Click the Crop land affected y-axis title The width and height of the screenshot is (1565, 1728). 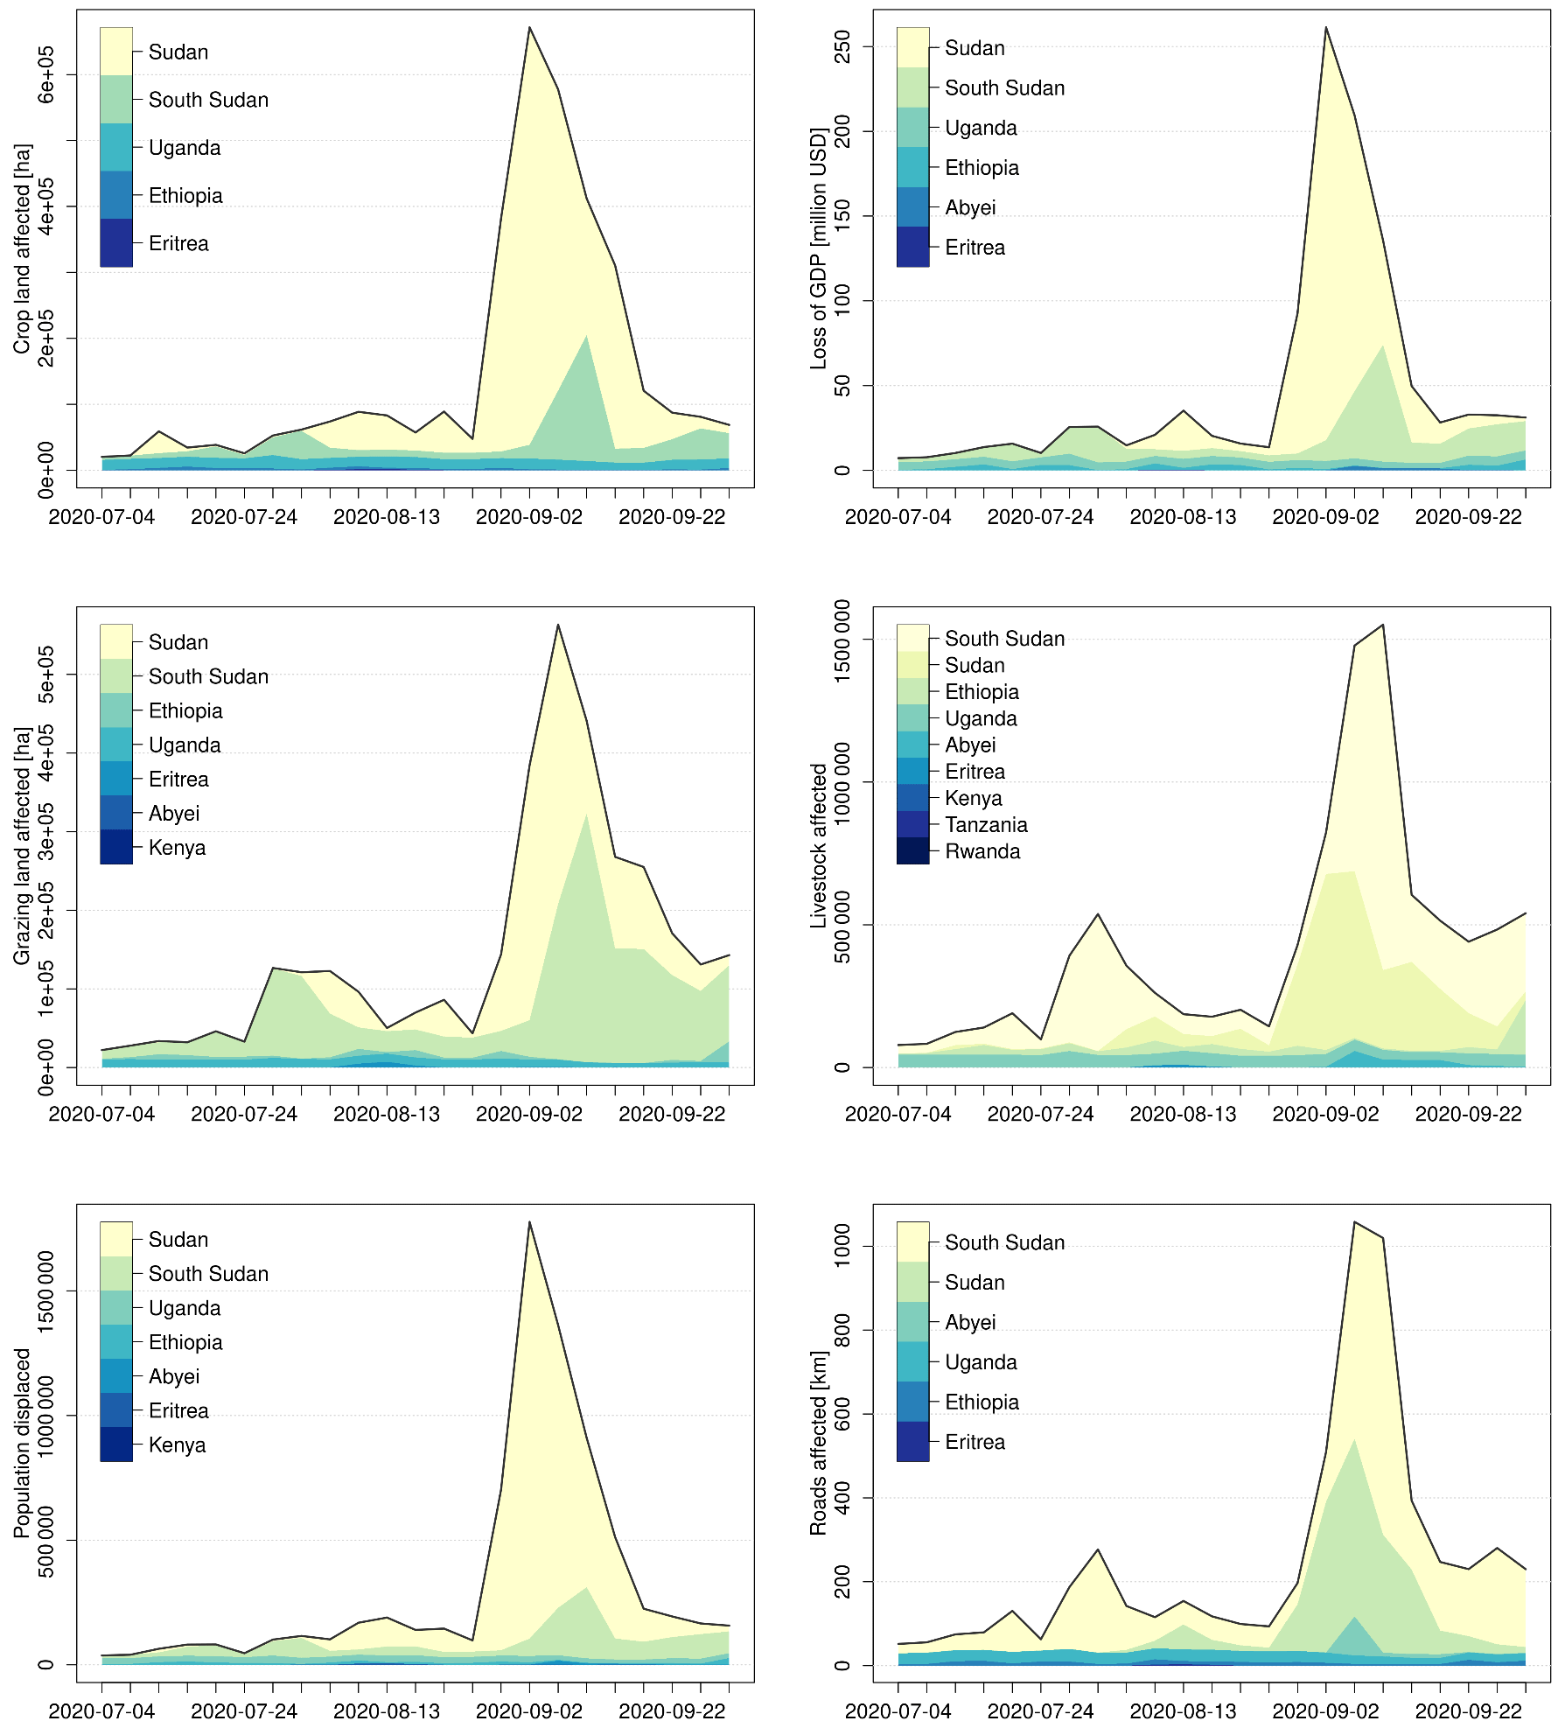coord(22,249)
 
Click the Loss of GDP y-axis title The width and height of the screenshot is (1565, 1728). coord(818,249)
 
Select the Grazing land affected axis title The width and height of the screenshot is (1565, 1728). coord(22,846)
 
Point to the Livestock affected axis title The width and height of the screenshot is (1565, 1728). coord(818,846)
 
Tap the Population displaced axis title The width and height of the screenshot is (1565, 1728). coord(22,1443)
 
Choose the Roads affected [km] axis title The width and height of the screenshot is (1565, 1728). coord(818,1443)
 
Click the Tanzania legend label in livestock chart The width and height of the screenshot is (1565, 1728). coord(986,825)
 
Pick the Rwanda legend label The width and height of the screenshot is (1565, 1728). coord(982,851)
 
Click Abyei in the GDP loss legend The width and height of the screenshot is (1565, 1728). coord(970,207)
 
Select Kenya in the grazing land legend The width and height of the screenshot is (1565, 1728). coord(177,848)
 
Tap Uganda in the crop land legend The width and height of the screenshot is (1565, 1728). coord(185,148)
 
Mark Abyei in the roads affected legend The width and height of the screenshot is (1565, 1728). coord(970,1322)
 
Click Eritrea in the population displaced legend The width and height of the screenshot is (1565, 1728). coord(178,1410)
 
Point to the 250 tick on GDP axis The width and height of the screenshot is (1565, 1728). coord(842,46)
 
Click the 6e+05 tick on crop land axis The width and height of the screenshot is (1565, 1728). coord(45,74)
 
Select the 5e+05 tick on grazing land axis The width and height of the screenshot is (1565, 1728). coord(45,675)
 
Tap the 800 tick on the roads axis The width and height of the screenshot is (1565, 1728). coord(842,1331)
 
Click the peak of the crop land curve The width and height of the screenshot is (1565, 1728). coord(529,27)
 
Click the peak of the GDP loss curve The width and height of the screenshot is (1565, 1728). coord(1326,27)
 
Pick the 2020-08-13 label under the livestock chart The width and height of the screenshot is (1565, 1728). coord(1183,1114)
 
